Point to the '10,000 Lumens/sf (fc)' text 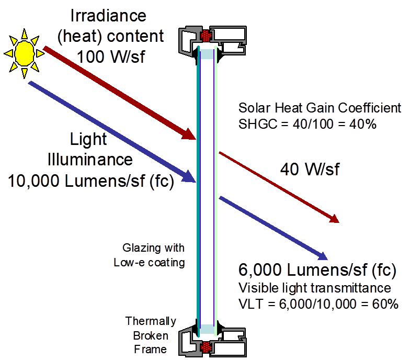tap(91, 181)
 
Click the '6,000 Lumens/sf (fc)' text tap(317, 271)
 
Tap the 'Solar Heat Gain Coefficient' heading tap(320, 108)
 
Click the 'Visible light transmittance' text tap(315, 288)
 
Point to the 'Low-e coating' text tap(149, 263)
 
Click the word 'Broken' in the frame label tap(151, 335)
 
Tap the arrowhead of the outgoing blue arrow tap(322, 256)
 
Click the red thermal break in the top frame tap(206, 36)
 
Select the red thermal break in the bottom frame tap(205, 346)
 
